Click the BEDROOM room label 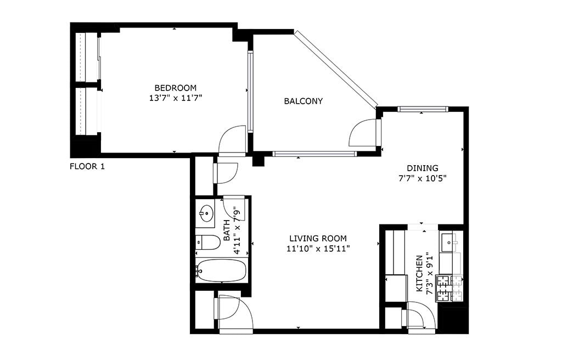[x=175, y=88]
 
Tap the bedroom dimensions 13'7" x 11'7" [x=175, y=98]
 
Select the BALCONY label [x=303, y=101]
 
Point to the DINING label [x=422, y=168]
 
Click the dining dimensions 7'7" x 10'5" [x=422, y=178]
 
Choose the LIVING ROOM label [x=318, y=238]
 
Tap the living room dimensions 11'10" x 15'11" [x=318, y=249]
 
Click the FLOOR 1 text [x=87, y=166]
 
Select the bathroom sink [x=206, y=212]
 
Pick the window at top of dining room [x=421, y=109]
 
